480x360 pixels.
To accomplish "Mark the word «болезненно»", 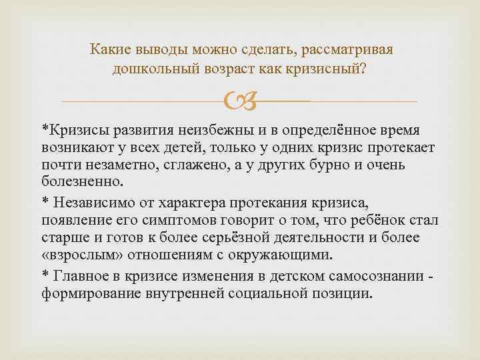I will pyautogui.click(x=81, y=180).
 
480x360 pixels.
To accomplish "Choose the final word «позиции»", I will pyautogui.click(x=337, y=294).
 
